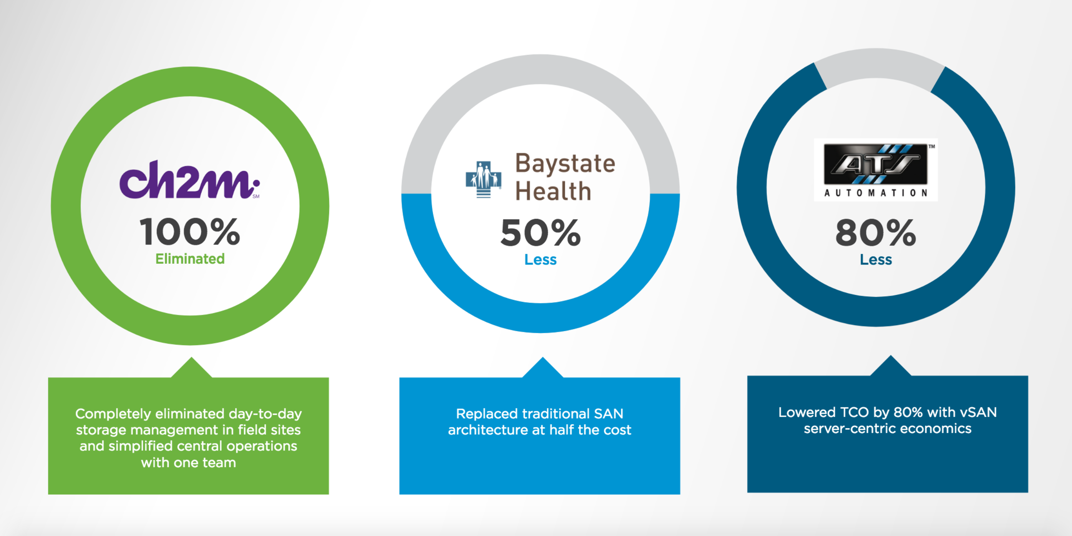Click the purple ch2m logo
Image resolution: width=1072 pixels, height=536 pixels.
pos(189,180)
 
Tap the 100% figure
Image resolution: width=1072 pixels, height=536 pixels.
pos(190,232)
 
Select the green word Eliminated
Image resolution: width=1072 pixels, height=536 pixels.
pos(190,259)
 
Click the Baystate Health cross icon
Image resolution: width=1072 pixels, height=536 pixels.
pos(483,179)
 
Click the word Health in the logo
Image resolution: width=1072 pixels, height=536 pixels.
pos(553,191)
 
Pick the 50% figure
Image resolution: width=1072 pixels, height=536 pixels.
pos(540,232)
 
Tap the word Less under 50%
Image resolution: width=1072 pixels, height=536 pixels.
pos(540,260)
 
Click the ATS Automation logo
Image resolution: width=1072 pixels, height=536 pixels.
pos(876,170)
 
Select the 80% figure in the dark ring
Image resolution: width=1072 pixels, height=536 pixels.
pos(876,232)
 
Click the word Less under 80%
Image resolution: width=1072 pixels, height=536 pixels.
pos(876,260)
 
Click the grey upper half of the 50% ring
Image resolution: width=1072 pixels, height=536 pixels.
pos(540,69)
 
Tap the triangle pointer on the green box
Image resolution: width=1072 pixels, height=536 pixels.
pos(191,367)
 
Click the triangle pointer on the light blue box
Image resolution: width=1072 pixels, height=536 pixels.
pos(543,367)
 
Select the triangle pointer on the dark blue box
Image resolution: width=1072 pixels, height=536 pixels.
pos(891,366)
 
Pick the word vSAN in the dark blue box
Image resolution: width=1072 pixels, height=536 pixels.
pos(978,412)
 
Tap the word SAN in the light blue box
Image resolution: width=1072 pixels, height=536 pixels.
pos(608,414)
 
